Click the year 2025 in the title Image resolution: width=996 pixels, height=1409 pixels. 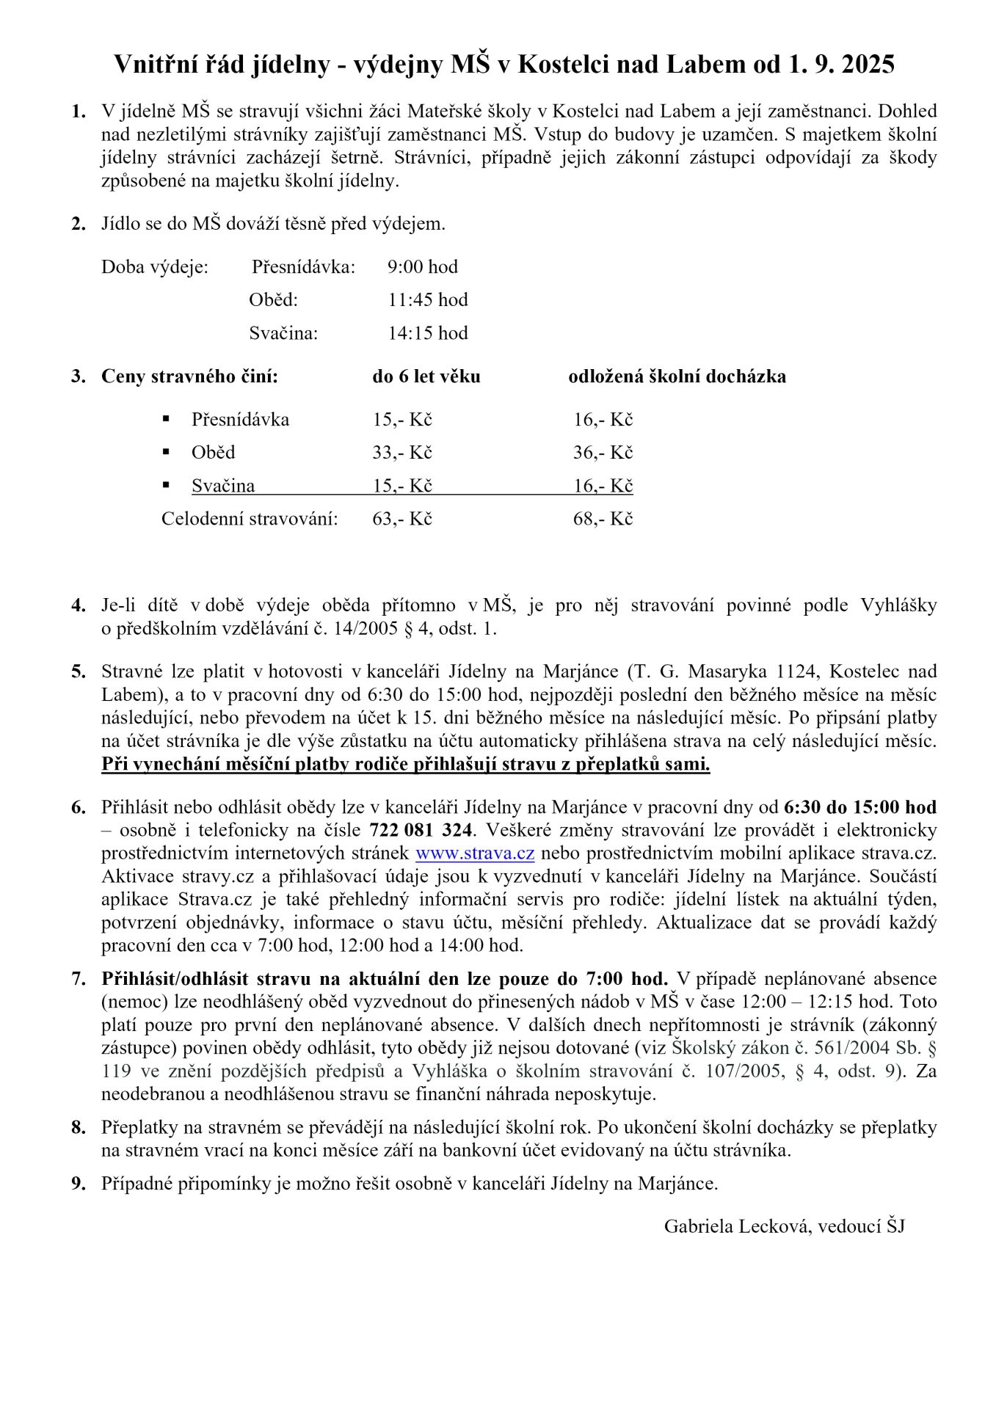(868, 65)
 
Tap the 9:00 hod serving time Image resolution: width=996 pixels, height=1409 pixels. (422, 266)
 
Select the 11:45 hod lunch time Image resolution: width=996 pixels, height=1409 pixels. (427, 299)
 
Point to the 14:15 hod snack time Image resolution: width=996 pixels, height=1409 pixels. (427, 333)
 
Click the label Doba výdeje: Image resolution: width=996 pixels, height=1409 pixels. (155, 266)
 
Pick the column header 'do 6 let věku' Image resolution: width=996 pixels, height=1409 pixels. (426, 376)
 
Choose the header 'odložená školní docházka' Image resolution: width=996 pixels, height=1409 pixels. (677, 376)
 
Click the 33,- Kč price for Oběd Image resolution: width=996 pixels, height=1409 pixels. (401, 452)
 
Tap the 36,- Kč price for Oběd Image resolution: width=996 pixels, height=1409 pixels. (603, 452)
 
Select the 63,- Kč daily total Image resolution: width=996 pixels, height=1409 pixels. (401, 519)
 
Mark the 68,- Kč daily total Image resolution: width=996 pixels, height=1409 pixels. (603, 519)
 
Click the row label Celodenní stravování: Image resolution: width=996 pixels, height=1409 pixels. (250, 519)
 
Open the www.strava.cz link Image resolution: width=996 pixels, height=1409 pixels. (474, 853)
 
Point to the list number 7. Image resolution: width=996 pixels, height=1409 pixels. (79, 979)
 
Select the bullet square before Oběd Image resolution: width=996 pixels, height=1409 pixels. (167, 451)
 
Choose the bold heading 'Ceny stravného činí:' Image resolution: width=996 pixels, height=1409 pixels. (189, 376)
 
